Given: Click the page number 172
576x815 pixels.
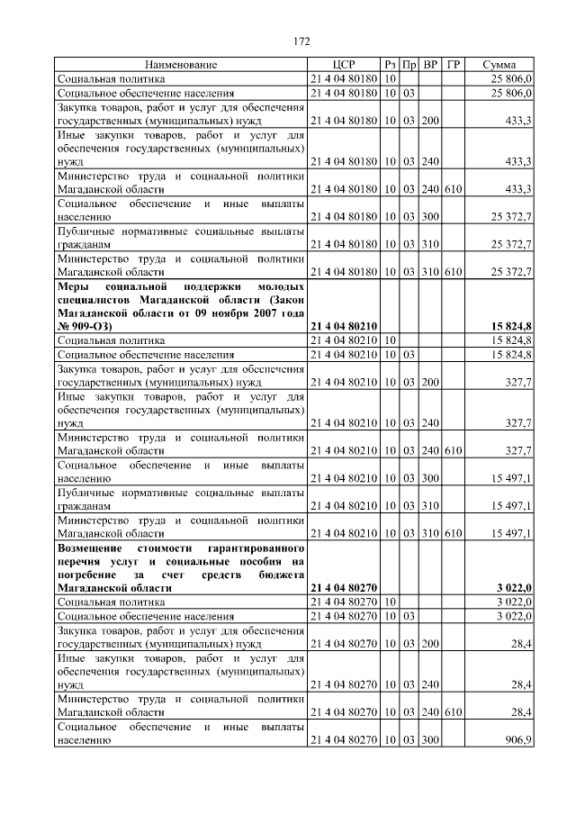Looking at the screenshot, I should (x=301, y=41).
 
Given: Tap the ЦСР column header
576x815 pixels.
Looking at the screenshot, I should (x=345, y=65).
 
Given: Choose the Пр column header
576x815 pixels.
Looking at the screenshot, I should (x=409, y=65).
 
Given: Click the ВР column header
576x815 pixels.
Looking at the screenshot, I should (x=430, y=65).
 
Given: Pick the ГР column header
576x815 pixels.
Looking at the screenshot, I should (x=454, y=65).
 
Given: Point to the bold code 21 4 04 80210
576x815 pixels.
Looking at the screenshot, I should (x=344, y=325).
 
